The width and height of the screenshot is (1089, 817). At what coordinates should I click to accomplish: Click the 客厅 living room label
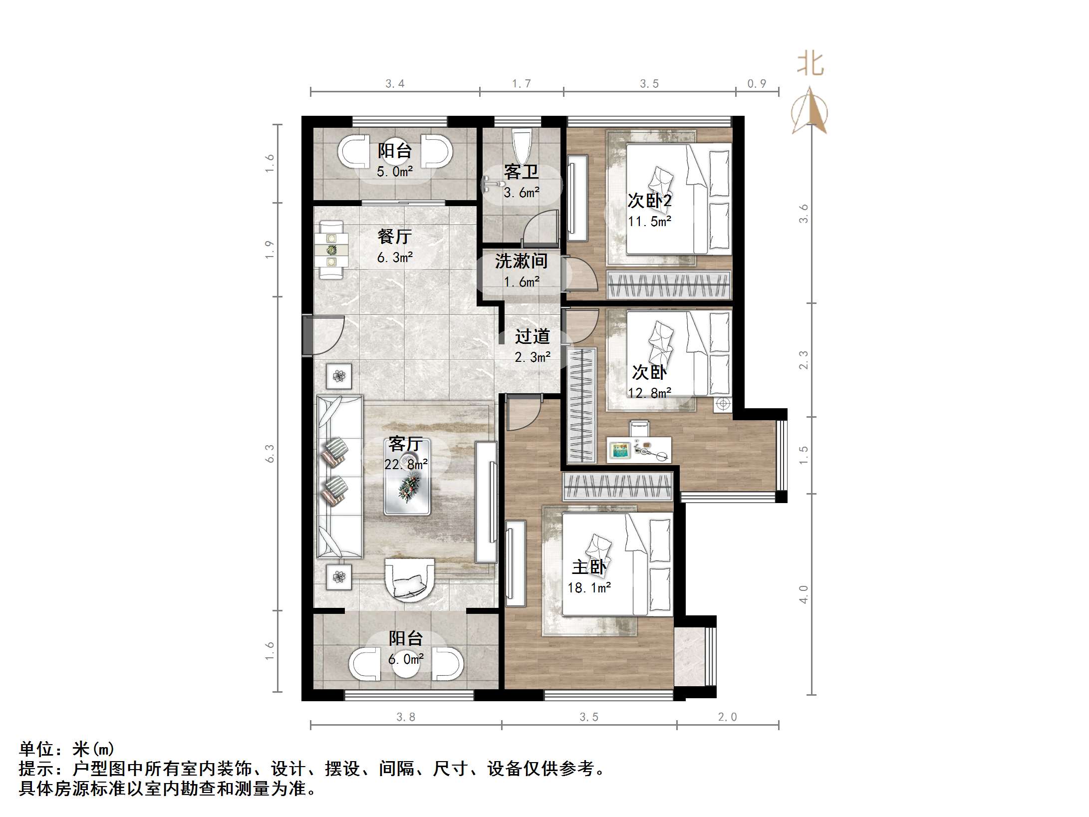[405, 444]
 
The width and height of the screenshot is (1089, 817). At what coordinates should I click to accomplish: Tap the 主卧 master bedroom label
[589, 567]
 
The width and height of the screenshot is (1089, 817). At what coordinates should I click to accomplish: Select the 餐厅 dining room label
[394, 237]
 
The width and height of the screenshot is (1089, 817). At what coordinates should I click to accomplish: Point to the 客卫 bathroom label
[521, 172]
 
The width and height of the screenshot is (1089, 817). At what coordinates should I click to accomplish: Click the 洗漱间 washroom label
[521, 261]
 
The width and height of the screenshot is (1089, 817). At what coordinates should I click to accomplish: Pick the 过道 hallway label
[533, 336]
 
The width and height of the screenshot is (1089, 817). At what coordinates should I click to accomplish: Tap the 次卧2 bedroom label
[649, 201]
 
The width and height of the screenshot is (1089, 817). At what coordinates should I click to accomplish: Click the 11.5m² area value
[649, 222]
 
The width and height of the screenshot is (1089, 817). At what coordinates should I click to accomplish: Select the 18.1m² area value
[589, 588]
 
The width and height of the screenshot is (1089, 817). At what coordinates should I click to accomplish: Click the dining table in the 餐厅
[331, 250]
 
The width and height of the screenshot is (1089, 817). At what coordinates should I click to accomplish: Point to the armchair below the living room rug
[409, 579]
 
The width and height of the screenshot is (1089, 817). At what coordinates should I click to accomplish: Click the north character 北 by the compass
[810, 64]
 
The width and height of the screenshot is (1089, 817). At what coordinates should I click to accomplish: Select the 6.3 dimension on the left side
[270, 453]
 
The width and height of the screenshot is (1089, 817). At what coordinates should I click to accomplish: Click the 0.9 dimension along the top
[757, 83]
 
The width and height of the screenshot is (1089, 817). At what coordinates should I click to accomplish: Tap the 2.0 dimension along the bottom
[727, 717]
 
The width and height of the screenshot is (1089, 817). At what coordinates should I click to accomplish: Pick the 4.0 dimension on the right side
[803, 594]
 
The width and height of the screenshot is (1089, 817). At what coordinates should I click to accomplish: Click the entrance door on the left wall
[308, 335]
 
